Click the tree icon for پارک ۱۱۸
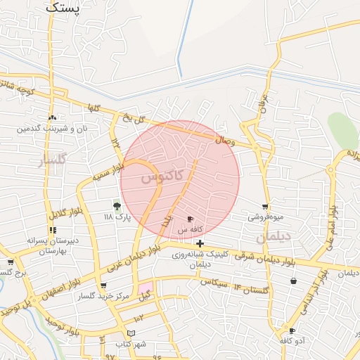click(x=117, y=206)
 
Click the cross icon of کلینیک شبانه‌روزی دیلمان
click(x=200, y=243)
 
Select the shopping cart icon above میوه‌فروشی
click(x=265, y=207)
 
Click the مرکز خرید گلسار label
click(x=105, y=297)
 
